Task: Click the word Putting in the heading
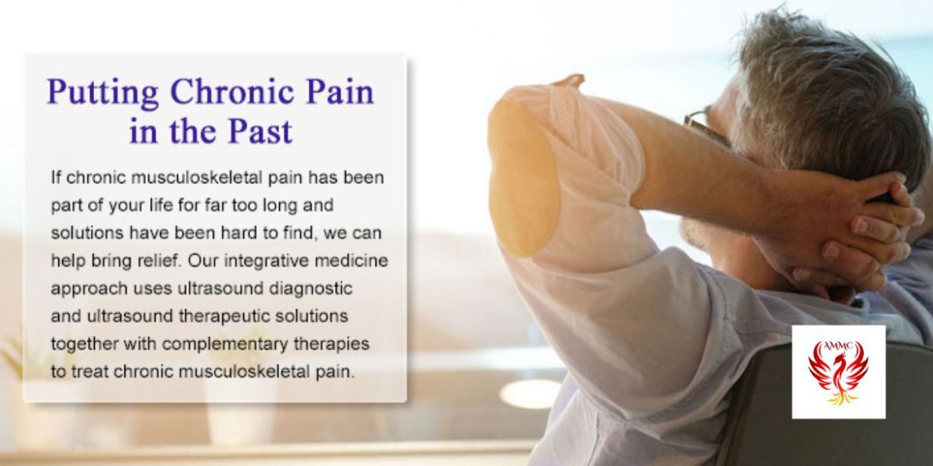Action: click(103, 92)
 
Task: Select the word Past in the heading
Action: click(262, 131)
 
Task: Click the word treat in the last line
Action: click(89, 373)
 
